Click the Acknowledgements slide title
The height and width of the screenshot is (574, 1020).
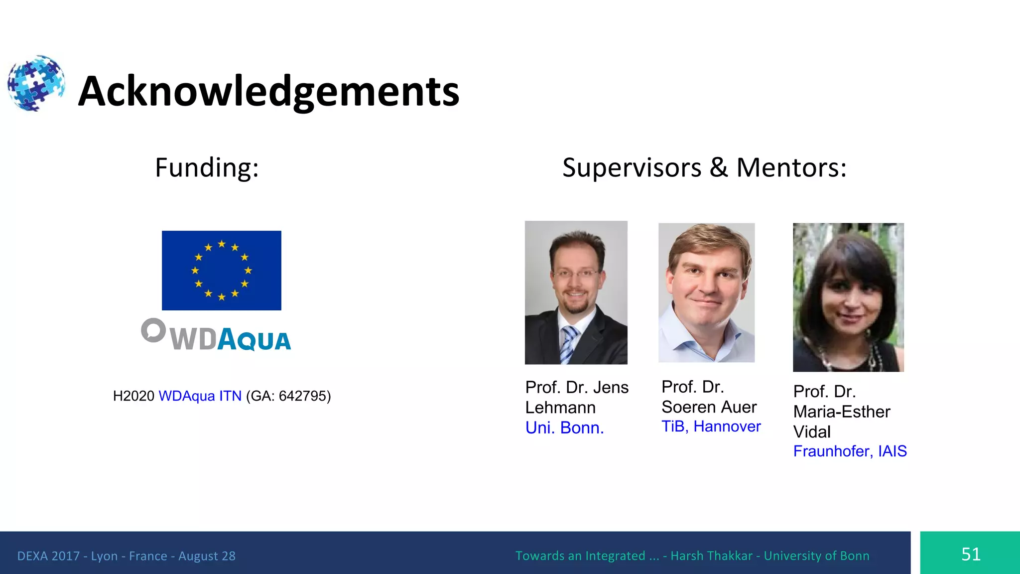pos(268,91)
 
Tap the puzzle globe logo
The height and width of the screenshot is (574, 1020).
pos(36,83)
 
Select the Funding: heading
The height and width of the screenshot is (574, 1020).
pos(207,167)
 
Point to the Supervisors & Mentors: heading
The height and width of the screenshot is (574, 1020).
pos(704,167)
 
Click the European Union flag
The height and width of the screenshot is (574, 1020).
pos(222,270)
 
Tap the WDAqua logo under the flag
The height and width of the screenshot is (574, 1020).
pos(216,335)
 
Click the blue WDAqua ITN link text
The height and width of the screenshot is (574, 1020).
pos(200,396)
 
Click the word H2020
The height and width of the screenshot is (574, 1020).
pos(133,396)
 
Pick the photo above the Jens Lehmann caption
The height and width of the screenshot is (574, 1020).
pos(576,292)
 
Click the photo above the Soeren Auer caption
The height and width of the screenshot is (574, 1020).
pos(706,292)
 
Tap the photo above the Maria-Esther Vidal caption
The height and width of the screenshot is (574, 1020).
pos(848,297)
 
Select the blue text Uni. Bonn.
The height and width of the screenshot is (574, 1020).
pos(564,428)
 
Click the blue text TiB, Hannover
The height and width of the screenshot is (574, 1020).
pos(711,427)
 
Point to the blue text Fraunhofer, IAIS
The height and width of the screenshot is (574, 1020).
pos(850,451)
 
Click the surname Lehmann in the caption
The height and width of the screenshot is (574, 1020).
pos(560,408)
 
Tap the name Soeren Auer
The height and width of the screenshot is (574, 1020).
pos(709,407)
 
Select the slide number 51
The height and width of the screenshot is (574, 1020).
pos(971,554)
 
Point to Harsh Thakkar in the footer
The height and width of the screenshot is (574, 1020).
pos(711,556)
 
